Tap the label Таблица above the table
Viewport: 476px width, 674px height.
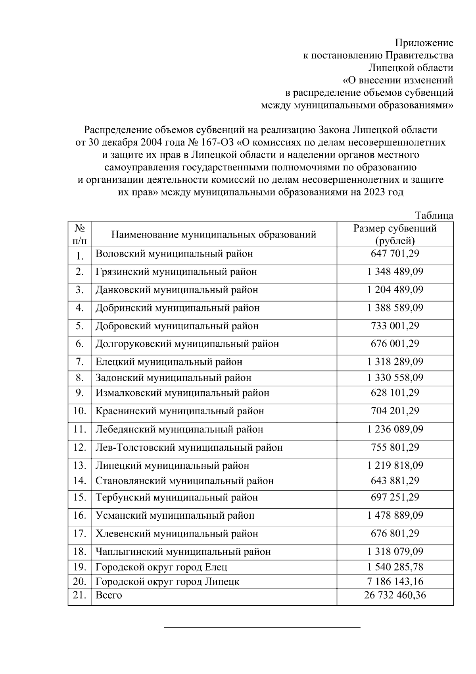(x=434, y=216)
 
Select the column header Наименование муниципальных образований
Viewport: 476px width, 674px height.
(x=213, y=234)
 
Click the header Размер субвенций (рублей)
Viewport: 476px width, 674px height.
(x=395, y=234)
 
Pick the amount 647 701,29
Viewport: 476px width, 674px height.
(x=395, y=253)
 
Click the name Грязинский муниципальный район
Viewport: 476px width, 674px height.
(x=176, y=272)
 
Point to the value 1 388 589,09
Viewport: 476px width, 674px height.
(x=395, y=308)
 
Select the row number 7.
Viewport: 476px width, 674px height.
(x=80, y=362)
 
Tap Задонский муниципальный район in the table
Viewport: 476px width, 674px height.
(x=173, y=378)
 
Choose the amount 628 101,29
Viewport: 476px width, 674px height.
(x=395, y=393)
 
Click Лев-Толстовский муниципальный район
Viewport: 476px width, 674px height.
(x=189, y=448)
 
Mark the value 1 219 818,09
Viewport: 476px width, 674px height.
(x=395, y=465)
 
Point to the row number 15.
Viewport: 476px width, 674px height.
(x=80, y=497)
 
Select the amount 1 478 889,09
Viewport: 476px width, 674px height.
(x=395, y=516)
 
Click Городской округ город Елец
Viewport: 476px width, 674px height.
(x=161, y=567)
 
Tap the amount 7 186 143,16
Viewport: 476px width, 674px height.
(x=395, y=582)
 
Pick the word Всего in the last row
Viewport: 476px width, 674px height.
(x=109, y=595)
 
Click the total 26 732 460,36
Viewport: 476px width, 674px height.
(x=395, y=595)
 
